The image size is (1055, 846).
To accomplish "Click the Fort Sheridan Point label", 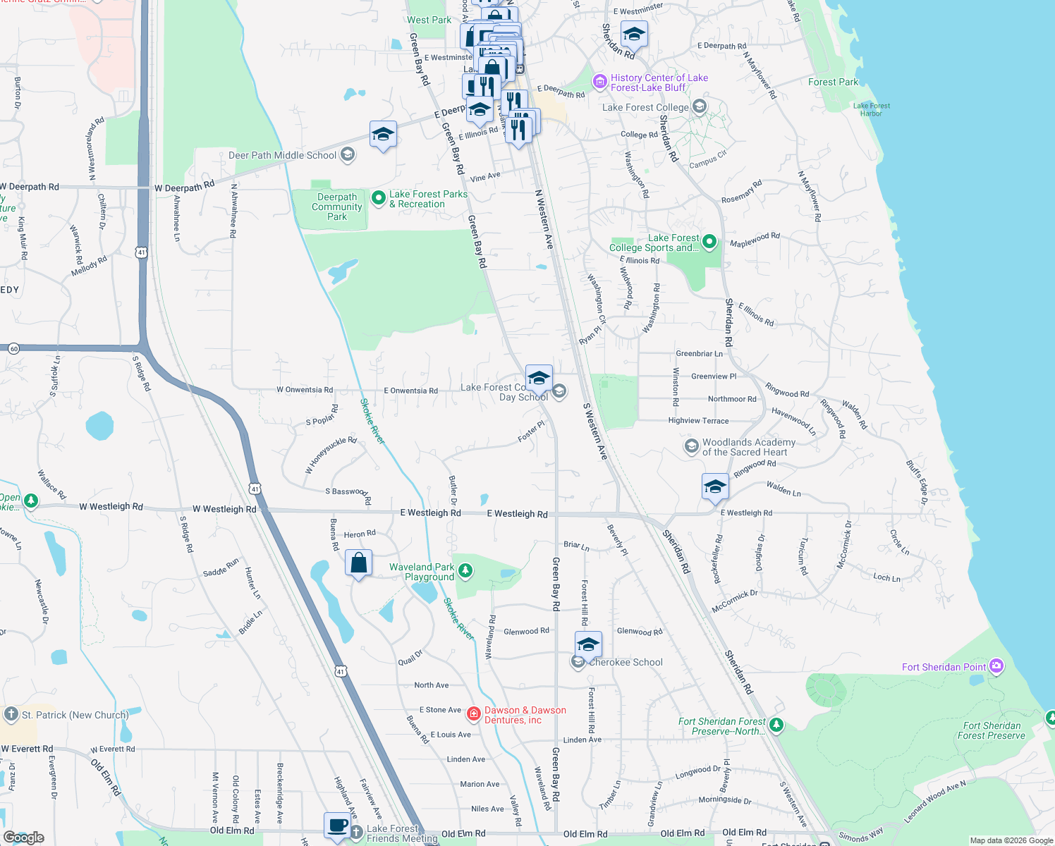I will point(944,667).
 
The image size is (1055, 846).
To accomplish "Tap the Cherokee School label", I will point(626,663).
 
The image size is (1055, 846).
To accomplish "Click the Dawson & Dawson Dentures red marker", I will point(474,714).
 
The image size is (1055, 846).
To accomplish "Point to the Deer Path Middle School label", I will point(282,155).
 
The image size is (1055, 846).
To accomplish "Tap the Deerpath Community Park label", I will point(337,207).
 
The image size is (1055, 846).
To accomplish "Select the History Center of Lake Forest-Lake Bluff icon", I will point(599,82).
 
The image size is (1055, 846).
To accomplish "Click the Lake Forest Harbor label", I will point(871,109).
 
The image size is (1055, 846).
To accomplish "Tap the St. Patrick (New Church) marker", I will point(11,714).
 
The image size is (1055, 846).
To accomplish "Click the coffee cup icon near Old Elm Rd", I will point(338,826).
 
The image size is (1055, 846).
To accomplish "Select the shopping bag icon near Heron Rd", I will point(358,563).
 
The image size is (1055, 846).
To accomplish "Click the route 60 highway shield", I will point(13,348).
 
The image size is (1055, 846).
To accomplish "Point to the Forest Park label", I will point(833,82).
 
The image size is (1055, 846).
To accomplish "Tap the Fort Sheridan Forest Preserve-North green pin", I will point(776,724).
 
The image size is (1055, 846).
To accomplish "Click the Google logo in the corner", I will point(23,837).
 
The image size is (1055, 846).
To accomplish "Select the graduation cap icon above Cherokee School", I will point(588,644).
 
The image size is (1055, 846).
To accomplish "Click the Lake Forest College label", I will point(645,107).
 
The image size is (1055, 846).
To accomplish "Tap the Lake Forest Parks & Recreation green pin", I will point(378,197).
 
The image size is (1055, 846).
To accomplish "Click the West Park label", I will point(429,20).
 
